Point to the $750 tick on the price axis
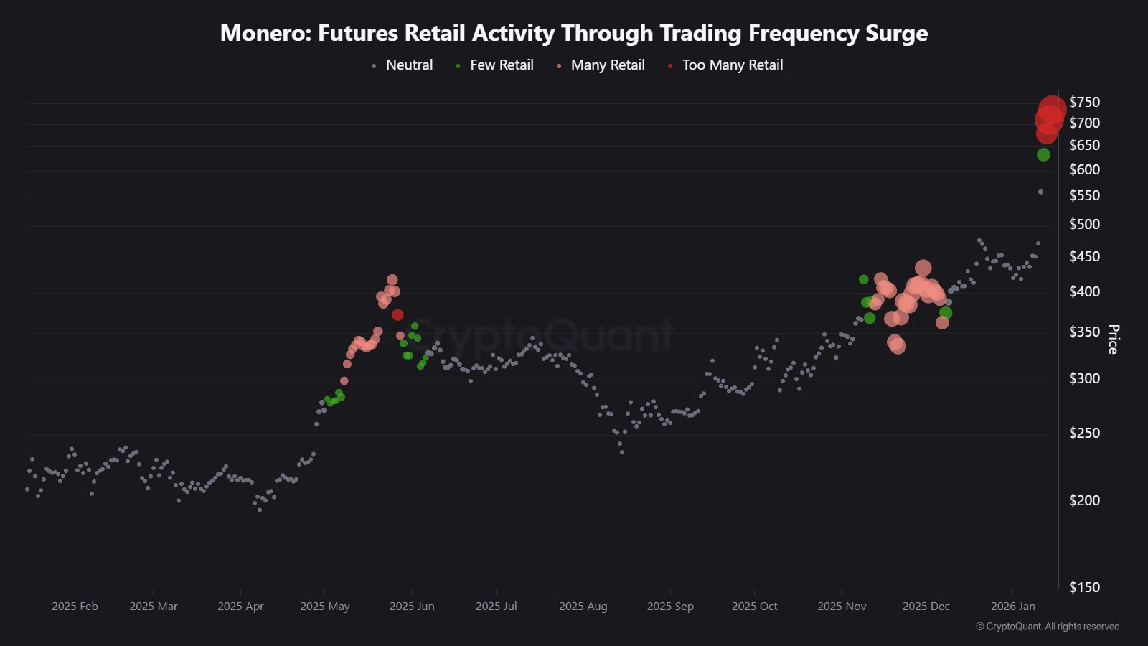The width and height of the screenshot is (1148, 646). pos(1083,103)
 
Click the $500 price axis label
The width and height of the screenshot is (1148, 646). pos(1083,225)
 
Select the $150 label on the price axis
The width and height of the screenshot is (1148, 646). pos(1083,587)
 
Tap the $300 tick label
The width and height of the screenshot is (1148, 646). pos(1083,379)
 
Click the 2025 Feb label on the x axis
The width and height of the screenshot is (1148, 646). pos(75,607)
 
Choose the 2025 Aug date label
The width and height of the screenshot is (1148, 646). pos(583,607)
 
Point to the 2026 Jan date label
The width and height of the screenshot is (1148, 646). pos(1012,607)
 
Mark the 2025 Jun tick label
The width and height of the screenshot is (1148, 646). pos(412,607)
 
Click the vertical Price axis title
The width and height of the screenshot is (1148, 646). pos(1113,339)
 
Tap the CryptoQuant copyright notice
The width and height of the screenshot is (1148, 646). pos(1048,627)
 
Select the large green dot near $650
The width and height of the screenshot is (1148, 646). pos(1043,154)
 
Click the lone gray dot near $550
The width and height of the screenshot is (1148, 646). pos(1040,192)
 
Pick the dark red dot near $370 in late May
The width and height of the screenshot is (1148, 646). pos(397,314)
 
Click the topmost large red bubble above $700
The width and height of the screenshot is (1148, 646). pos(1053,108)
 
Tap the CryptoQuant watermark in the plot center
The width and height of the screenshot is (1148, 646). pos(542,334)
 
